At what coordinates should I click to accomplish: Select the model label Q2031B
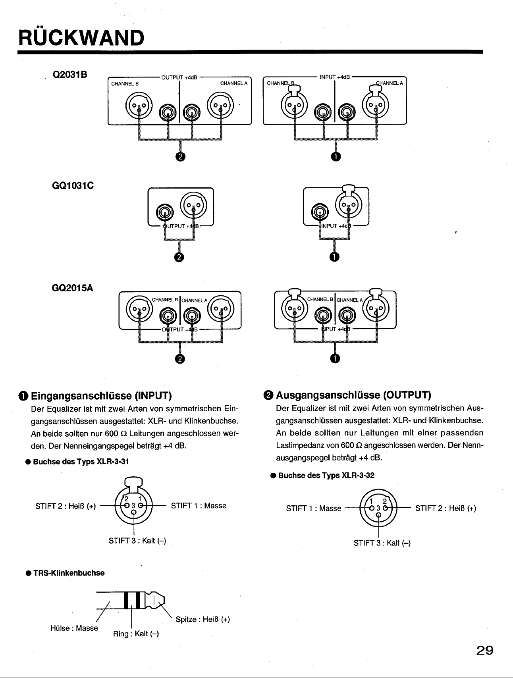[x=70, y=75]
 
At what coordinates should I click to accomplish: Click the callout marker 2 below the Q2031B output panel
[x=180, y=157]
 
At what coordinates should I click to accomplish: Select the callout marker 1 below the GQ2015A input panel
[x=335, y=358]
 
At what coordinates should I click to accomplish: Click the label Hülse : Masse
[x=74, y=628]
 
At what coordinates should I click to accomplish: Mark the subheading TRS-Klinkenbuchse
[x=65, y=573]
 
